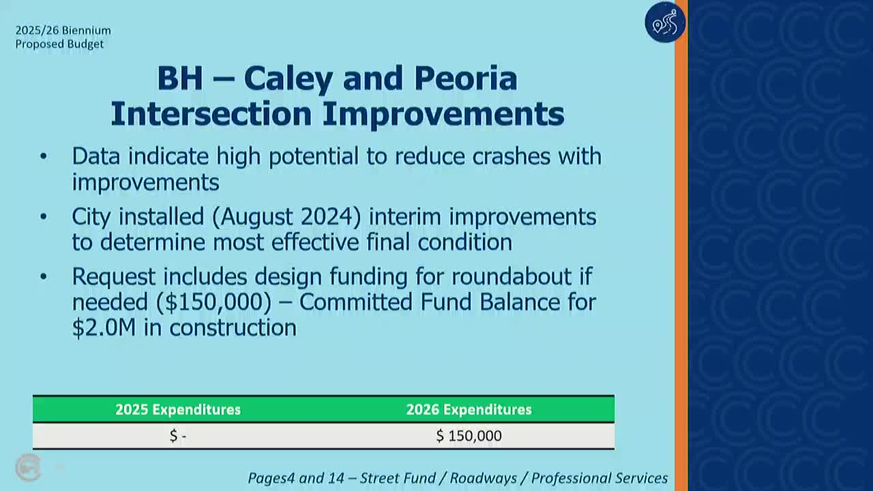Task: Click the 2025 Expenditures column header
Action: pos(178,410)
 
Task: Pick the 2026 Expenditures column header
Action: pos(469,410)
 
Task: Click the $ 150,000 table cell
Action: pos(469,436)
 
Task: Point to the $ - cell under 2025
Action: pos(178,436)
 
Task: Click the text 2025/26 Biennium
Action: pos(63,31)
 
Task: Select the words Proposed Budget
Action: pos(59,44)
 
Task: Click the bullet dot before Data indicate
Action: pos(44,157)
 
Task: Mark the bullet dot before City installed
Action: pos(44,217)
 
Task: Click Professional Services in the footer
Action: pos(600,479)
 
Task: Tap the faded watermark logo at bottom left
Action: pos(29,468)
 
